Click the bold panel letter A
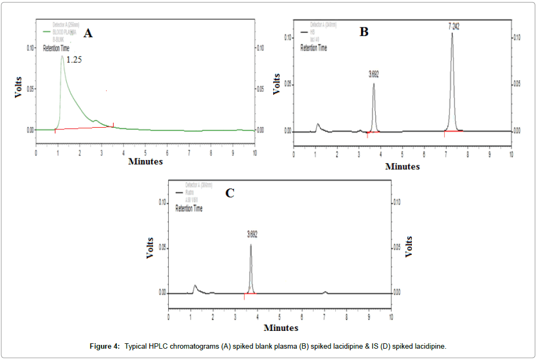point(88,33)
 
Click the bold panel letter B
point(364,32)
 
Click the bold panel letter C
point(230,193)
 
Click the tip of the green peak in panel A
point(63,56)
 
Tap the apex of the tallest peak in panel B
point(452,33)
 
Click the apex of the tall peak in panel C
point(251,245)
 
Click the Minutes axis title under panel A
point(145,161)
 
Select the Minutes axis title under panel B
point(402,167)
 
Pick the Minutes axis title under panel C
point(280,327)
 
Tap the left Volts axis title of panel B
point(277,83)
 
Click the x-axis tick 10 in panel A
point(254,153)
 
